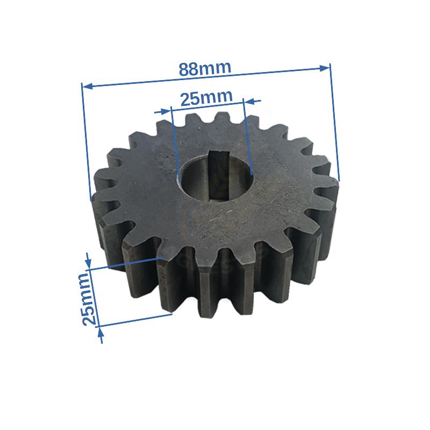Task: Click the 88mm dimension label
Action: coord(205,69)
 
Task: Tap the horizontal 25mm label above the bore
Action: coord(206,97)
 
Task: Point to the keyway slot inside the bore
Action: coord(218,176)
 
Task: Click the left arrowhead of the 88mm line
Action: coord(87,87)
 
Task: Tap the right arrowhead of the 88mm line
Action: coord(325,68)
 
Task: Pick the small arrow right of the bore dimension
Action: coord(252,101)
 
